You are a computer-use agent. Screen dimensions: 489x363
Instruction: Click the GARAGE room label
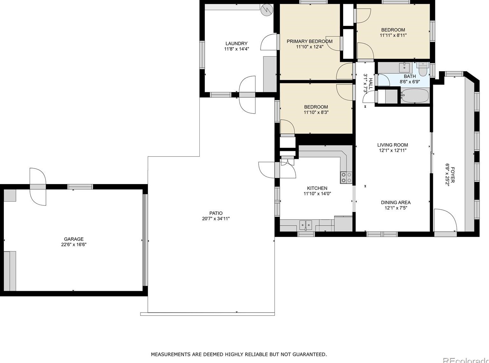point(74,239)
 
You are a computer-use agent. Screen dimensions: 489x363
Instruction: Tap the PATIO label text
point(216,213)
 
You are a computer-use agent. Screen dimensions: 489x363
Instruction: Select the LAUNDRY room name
point(236,43)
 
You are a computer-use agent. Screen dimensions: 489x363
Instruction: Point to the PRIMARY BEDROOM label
point(310,41)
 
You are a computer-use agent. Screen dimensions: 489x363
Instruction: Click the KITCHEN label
point(317,188)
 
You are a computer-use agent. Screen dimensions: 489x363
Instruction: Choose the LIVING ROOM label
point(392,145)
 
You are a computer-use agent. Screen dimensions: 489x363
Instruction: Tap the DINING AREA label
point(396,202)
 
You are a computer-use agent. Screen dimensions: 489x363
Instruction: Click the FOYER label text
point(453,175)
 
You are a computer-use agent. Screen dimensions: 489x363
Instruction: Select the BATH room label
point(410,76)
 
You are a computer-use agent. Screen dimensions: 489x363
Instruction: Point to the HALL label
point(371,84)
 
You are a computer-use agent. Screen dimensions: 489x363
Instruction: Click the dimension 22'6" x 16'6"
point(74,244)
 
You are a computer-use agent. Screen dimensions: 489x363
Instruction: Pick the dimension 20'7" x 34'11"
point(216,219)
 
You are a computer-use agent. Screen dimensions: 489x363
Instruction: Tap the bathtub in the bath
point(415,95)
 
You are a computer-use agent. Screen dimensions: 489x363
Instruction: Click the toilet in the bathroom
point(423,69)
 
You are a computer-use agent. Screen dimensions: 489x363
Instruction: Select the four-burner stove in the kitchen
point(346,178)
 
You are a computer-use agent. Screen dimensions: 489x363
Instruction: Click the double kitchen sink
point(306,226)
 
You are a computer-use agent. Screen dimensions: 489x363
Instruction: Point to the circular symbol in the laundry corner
point(267,10)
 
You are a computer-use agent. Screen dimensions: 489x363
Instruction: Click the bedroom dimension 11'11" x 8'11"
point(393,35)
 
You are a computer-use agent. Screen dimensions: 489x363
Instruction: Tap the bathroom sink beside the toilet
point(404,67)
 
